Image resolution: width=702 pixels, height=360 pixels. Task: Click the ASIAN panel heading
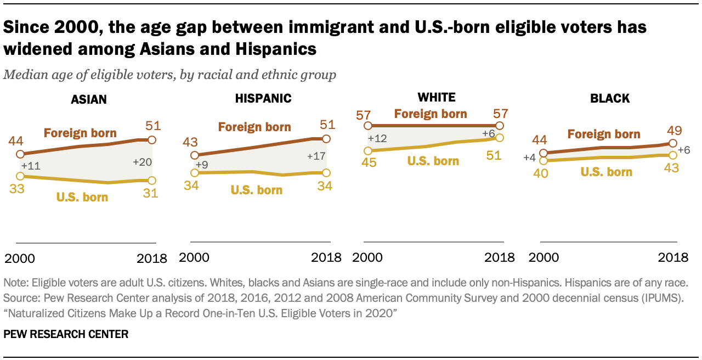(x=89, y=99)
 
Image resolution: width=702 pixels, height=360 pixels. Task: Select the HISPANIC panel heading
(x=263, y=99)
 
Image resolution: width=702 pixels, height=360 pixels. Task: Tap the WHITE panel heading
(x=437, y=97)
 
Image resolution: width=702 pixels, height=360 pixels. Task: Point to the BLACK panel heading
(x=610, y=99)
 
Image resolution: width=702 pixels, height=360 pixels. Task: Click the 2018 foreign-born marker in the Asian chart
(x=152, y=139)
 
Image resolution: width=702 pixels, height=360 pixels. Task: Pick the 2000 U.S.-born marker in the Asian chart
(x=20, y=176)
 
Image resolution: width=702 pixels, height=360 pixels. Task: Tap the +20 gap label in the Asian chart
(x=142, y=162)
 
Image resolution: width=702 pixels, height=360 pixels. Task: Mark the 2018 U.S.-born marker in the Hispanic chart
(x=326, y=172)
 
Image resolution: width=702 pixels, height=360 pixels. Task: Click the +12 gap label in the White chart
(x=378, y=138)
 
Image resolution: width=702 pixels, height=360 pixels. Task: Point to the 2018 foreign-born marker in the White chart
(x=500, y=126)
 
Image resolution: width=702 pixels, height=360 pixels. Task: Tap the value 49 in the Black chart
(x=673, y=130)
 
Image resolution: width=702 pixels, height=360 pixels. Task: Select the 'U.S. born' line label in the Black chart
(x=606, y=172)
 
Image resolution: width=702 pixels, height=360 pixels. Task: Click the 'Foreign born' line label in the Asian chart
(x=80, y=133)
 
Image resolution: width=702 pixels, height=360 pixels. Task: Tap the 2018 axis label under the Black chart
(x=672, y=257)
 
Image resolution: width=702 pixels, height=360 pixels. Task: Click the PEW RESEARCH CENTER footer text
(x=66, y=334)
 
